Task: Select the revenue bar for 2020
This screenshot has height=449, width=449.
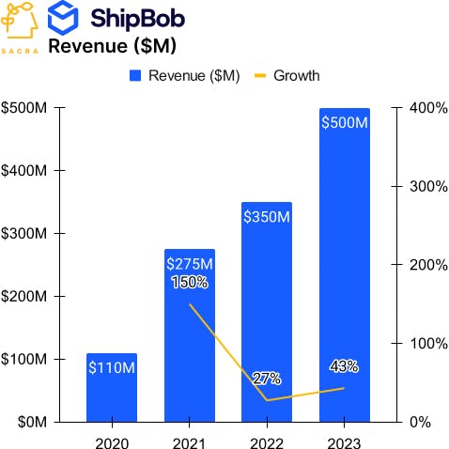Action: pos(112,395)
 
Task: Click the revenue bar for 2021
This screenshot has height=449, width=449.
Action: pos(190,357)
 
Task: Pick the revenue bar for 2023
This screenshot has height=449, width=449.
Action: pos(344,272)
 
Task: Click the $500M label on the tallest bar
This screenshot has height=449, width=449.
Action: pos(344,123)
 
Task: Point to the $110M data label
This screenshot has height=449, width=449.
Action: pos(112,367)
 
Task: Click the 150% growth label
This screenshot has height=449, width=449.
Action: pos(190,282)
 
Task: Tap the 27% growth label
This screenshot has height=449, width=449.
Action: pos(267,379)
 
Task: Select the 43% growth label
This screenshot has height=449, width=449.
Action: pos(344,366)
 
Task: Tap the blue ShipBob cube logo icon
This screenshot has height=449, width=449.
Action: pos(64,17)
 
